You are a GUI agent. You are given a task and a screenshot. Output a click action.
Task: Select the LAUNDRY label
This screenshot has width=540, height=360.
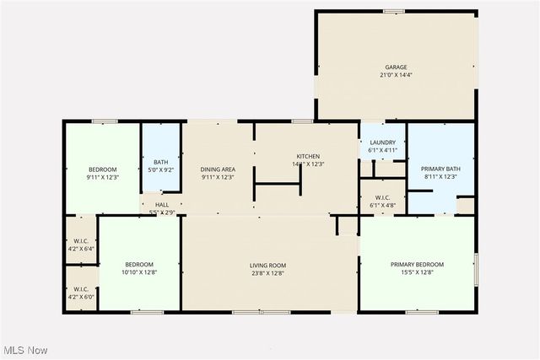point(383,142)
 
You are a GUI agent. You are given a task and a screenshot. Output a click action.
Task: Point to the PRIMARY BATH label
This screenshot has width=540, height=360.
point(439,168)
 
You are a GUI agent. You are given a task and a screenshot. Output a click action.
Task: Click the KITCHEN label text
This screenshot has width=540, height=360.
point(307,156)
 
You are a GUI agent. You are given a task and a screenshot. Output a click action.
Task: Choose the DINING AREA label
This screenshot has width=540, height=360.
point(217,168)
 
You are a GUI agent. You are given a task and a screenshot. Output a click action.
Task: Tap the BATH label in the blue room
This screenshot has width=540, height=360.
point(160,162)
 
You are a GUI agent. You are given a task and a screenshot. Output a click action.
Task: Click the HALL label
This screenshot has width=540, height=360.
point(162,203)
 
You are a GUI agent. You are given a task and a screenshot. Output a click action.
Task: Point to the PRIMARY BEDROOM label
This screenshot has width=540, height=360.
point(417,265)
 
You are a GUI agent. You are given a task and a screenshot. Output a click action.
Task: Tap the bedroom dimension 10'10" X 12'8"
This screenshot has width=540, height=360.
point(139,272)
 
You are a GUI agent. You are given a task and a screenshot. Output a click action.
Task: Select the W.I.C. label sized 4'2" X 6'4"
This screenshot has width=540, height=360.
point(81,250)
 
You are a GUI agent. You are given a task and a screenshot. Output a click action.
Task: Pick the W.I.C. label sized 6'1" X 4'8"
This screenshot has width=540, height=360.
point(383,205)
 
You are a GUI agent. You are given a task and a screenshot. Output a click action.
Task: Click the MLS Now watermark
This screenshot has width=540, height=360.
point(24,350)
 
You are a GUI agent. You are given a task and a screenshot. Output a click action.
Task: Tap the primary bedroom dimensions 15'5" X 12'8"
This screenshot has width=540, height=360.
point(417,273)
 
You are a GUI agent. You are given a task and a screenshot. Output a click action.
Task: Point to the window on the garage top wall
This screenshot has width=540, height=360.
point(393,11)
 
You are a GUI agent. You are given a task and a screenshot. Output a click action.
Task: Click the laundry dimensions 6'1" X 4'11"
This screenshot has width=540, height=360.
point(383,151)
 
